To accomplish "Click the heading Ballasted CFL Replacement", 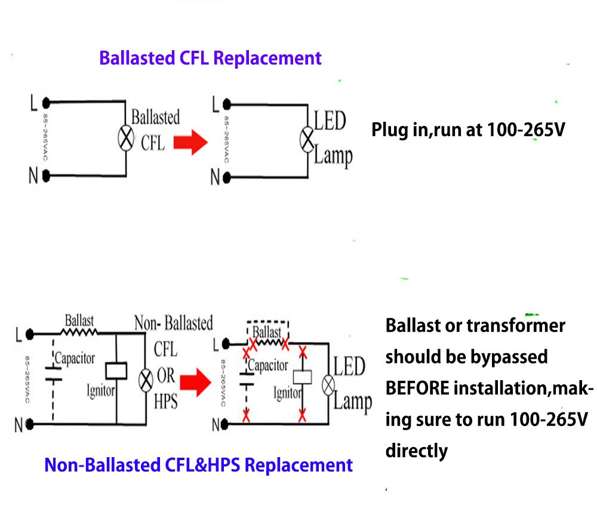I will (x=210, y=58).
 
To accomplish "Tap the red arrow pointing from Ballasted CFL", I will (x=190, y=143).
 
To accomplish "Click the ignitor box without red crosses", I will (x=115, y=371).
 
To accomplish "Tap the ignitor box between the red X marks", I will (x=303, y=377).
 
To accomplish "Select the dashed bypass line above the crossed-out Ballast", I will (x=268, y=322).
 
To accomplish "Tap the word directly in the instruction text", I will (x=416, y=450).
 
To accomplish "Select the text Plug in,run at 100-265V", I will (x=467, y=129).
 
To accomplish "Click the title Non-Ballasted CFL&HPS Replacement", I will (x=198, y=465).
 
